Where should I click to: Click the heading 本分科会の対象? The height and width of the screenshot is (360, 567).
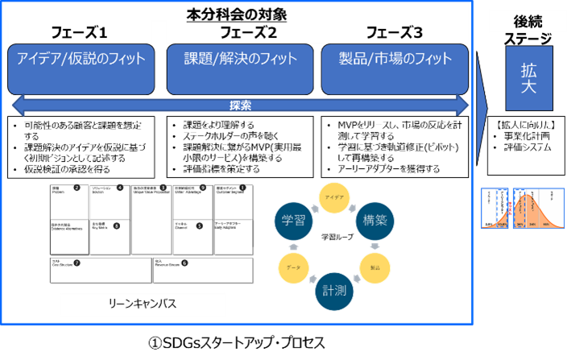[237, 14]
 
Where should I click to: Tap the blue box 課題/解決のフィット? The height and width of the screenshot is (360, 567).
[240, 58]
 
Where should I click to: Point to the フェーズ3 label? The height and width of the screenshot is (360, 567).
[394, 34]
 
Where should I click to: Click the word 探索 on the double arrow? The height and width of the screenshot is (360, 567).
[240, 105]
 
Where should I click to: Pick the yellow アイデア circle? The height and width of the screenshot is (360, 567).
[333, 197]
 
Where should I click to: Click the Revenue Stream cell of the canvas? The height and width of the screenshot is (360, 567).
[201, 269]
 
